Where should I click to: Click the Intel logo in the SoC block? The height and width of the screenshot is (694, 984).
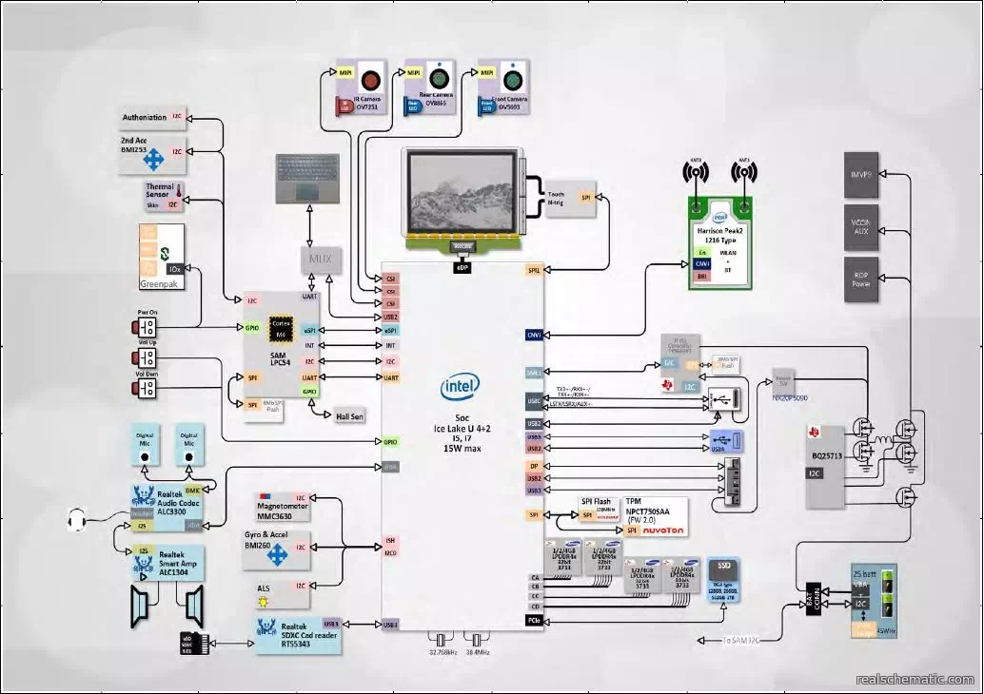(461, 386)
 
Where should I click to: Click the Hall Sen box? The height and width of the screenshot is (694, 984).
(350, 415)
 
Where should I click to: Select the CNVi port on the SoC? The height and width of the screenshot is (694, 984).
(533, 335)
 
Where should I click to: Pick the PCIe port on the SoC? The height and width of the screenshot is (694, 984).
(533, 620)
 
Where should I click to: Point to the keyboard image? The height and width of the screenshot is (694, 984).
(306, 178)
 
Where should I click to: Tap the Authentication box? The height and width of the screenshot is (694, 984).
(145, 118)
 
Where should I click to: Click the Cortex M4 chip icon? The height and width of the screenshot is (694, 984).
(280, 328)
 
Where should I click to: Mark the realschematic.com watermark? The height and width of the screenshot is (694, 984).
(915, 680)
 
